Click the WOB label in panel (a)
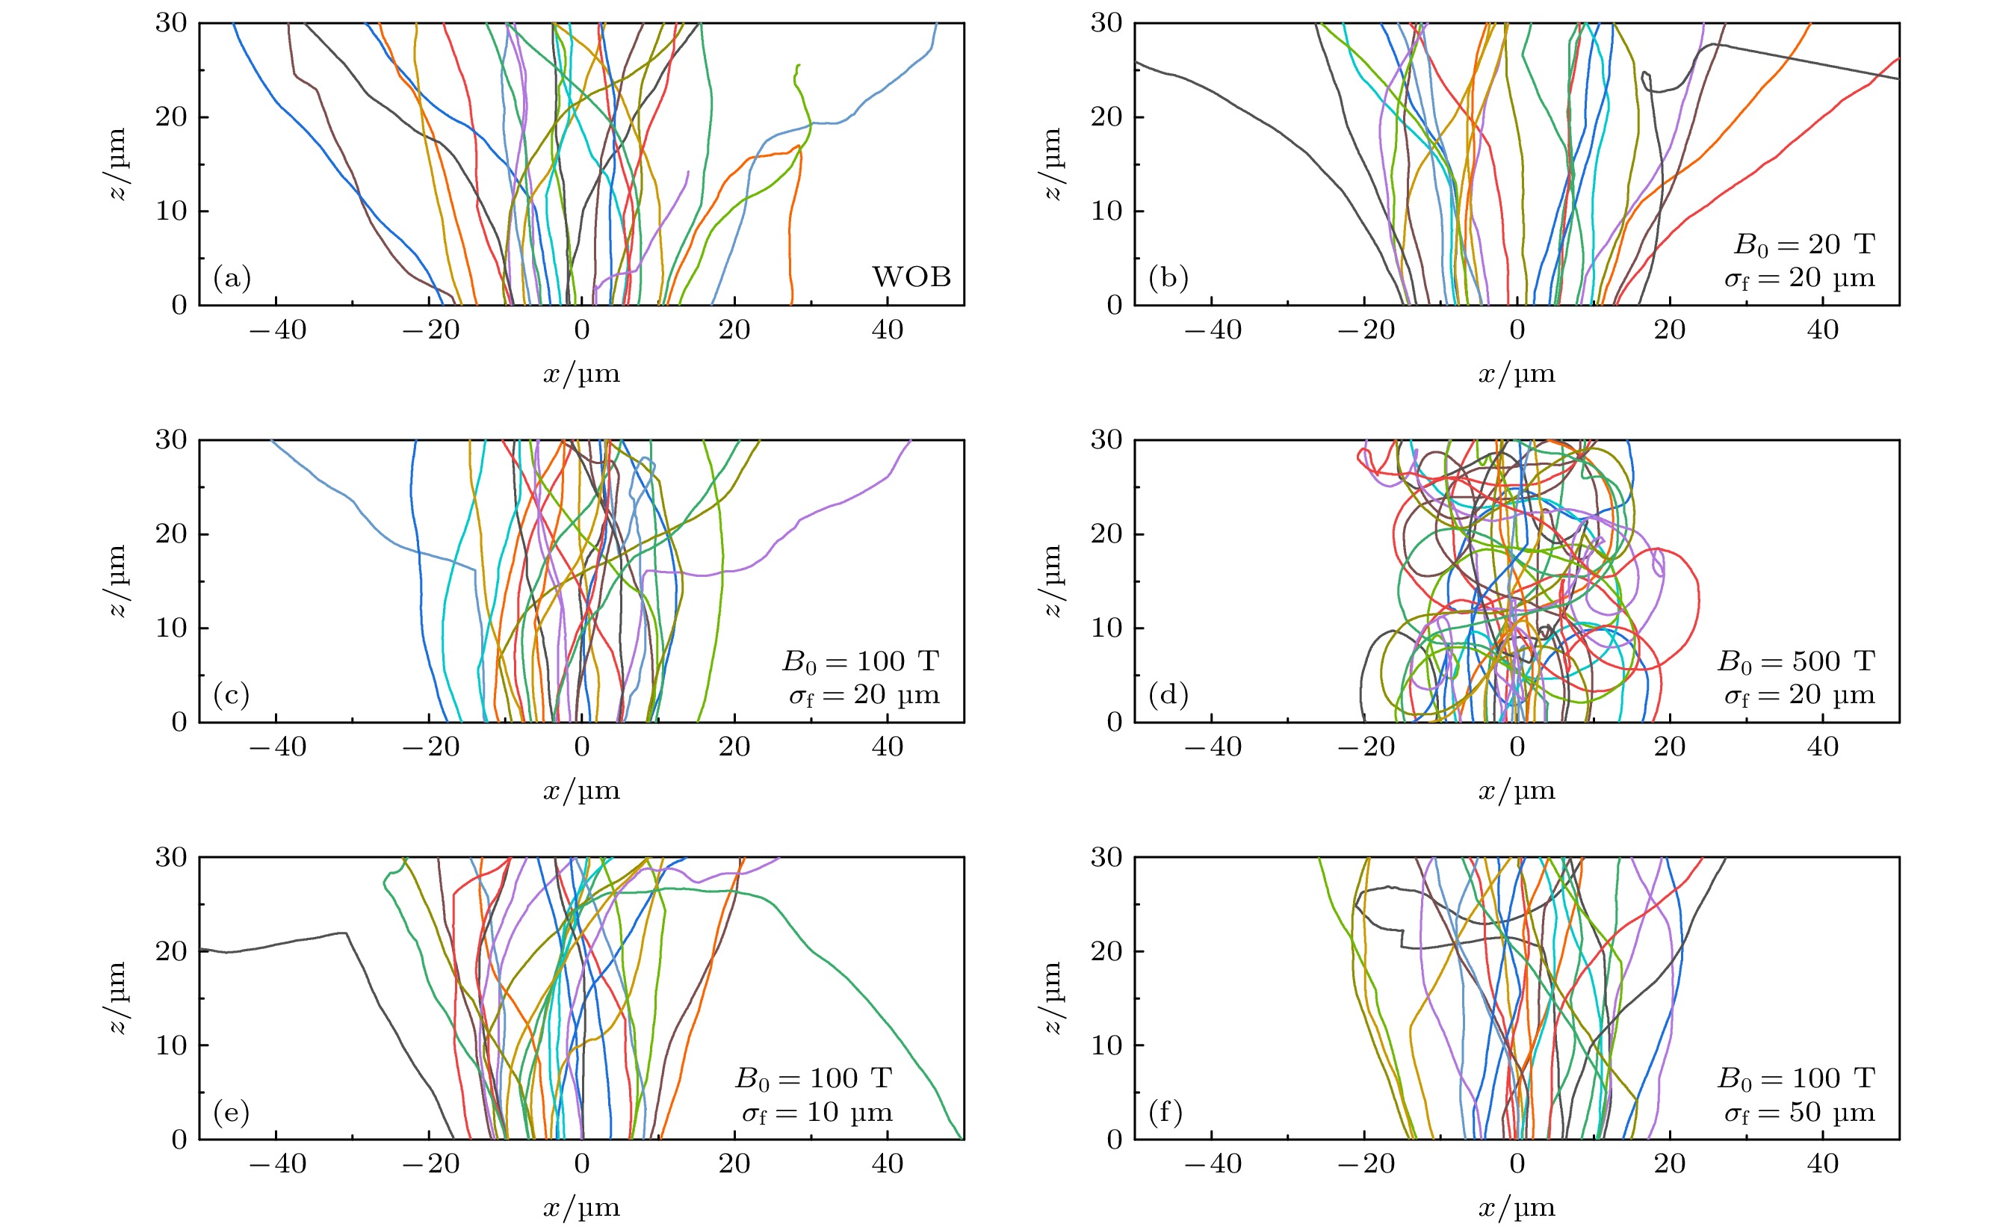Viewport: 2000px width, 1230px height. (x=911, y=277)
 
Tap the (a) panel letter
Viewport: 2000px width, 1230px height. (x=232, y=278)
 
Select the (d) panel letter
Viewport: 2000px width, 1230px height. (x=1168, y=695)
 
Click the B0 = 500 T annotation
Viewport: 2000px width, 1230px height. (x=1795, y=661)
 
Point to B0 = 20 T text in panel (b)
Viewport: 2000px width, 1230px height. (x=1804, y=244)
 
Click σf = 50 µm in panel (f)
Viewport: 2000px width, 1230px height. (x=1799, y=1112)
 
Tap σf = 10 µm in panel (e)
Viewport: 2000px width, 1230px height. (x=817, y=1112)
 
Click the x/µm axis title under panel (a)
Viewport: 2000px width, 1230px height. (x=581, y=374)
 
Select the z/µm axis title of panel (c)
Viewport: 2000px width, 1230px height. (x=118, y=581)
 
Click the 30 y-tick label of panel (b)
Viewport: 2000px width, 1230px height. (x=1106, y=24)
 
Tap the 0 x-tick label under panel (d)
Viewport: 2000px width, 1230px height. (x=1517, y=747)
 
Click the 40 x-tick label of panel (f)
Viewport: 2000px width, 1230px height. (x=1823, y=1164)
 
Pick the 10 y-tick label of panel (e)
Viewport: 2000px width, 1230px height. (x=171, y=1045)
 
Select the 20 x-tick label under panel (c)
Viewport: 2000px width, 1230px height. (x=734, y=747)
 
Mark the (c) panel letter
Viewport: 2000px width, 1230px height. (x=231, y=695)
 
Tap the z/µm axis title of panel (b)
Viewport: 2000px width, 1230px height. (x=1053, y=164)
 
